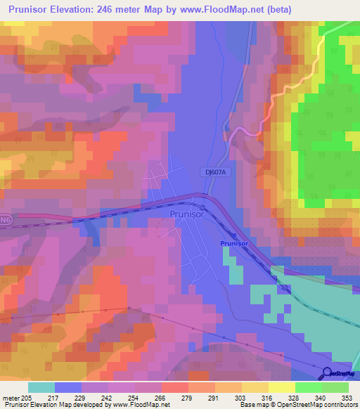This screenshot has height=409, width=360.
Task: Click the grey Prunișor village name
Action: coord(187,216)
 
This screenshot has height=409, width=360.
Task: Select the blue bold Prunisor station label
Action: coord(235,242)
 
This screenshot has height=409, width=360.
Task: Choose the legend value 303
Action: coord(240,397)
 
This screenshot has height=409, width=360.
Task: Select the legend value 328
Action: coord(294,397)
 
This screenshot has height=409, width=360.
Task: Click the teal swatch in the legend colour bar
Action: coord(41,387)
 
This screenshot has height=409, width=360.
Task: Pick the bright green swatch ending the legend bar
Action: coord(335,387)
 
